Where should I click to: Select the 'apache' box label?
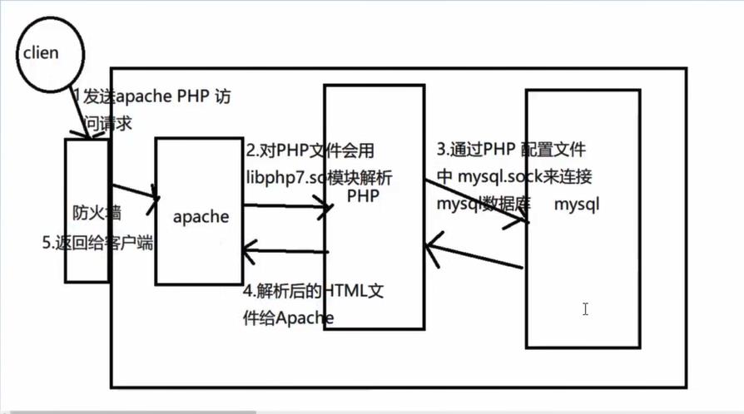tap(201, 216)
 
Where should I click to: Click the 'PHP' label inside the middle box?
tap(363, 196)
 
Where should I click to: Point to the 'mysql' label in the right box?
tap(577, 204)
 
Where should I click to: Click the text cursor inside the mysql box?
tap(585, 309)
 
